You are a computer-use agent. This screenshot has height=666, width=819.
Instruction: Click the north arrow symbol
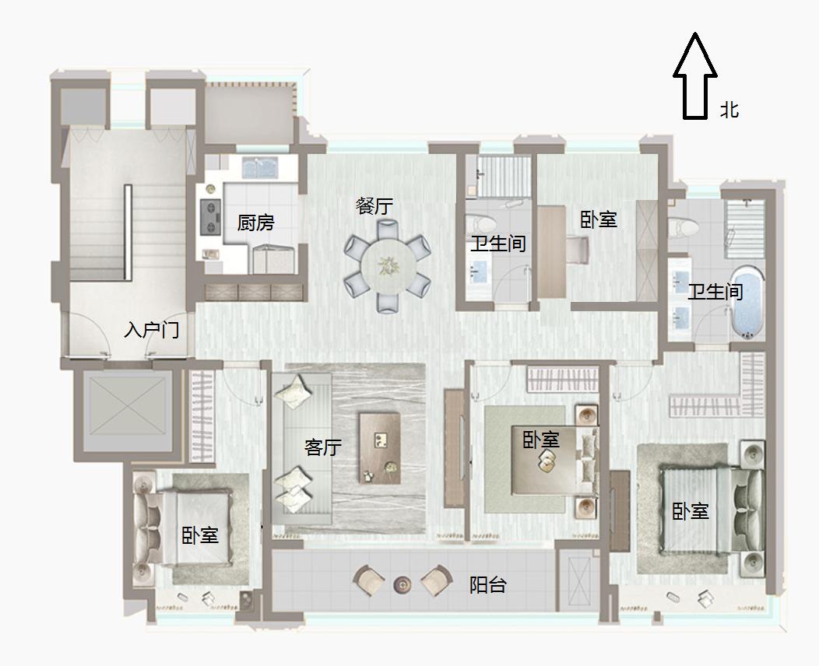(x=694, y=75)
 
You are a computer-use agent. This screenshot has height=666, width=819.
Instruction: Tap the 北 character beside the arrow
(x=729, y=110)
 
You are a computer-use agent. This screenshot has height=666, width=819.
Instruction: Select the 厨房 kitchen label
(x=256, y=223)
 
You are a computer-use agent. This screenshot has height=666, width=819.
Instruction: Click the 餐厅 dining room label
(x=374, y=205)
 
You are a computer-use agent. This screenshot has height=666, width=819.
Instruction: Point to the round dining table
(x=388, y=267)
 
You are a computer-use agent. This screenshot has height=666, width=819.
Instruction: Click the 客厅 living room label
(x=323, y=447)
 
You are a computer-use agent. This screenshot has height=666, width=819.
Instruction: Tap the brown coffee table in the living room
(x=380, y=448)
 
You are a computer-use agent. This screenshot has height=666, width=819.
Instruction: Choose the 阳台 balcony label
(x=488, y=585)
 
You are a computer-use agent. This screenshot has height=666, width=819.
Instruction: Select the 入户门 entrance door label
(x=152, y=330)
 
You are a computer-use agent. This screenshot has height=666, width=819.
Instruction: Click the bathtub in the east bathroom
(x=747, y=302)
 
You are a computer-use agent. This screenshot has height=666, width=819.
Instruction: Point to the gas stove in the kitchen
(x=210, y=217)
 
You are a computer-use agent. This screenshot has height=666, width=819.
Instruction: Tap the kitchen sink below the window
(x=259, y=168)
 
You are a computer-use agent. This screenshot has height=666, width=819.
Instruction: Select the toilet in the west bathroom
(x=479, y=224)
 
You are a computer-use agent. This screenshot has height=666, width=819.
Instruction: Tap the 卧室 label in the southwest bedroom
(x=200, y=535)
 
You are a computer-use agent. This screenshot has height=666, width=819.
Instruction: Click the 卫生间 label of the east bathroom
(x=715, y=291)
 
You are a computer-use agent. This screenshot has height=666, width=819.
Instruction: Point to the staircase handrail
(x=128, y=233)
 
